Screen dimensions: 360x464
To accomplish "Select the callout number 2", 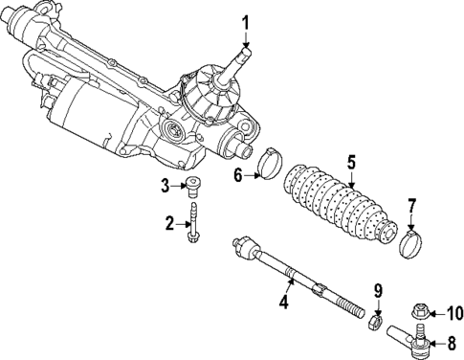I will [x=168, y=224].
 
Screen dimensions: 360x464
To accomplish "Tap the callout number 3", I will [x=166, y=185].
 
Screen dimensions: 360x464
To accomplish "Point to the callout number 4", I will [x=284, y=304].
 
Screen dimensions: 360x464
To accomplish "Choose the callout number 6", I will [x=239, y=173].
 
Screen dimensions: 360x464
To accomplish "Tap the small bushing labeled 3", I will [x=195, y=185].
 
